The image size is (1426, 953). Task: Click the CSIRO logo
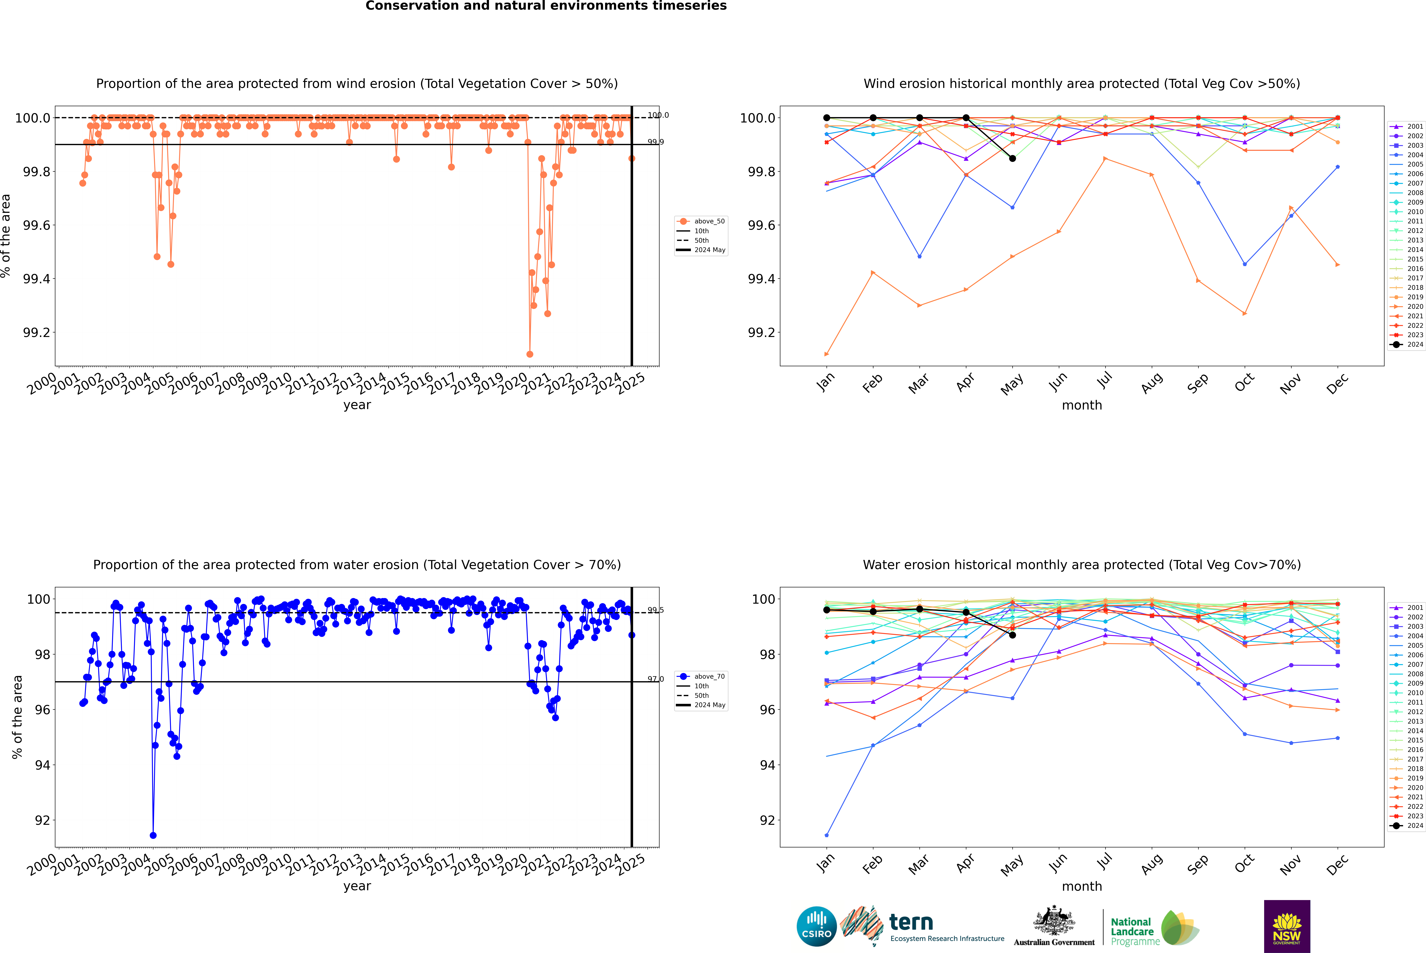(816, 926)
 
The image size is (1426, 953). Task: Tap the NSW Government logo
(1287, 926)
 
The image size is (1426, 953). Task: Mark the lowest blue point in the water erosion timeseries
(153, 835)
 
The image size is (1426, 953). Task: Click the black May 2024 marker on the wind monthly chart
(1012, 159)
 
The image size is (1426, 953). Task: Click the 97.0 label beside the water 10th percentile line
(655, 679)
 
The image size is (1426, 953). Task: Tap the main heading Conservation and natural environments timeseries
(546, 6)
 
